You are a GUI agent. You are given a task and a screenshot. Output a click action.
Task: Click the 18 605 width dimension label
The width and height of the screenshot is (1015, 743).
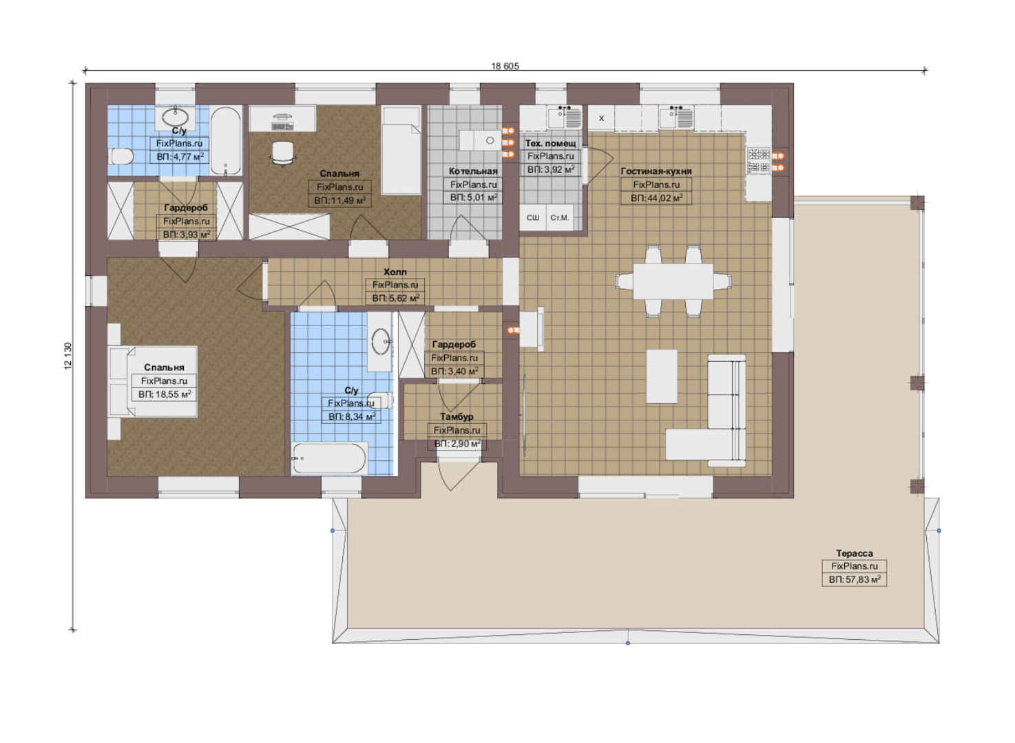click(505, 66)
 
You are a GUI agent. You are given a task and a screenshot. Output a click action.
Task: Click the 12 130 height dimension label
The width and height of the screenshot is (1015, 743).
click(68, 356)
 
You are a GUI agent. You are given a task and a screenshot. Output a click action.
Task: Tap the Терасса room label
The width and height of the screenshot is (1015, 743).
click(854, 553)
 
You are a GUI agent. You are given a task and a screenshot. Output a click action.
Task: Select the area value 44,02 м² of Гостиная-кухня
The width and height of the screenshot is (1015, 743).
click(656, 198)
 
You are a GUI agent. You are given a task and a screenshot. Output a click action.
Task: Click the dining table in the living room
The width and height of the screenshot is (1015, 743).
click(673, 281)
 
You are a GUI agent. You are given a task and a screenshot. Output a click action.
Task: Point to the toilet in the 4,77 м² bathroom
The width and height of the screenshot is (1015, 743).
click(121, 157)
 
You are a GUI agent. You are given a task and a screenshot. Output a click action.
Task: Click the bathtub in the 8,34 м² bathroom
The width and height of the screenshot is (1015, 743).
click(329, 458)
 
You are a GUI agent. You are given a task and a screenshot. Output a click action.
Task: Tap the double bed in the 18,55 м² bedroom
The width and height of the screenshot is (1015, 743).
click(153, 381)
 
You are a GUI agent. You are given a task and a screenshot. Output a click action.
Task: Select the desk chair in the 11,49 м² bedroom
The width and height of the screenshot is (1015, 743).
click(283, 153)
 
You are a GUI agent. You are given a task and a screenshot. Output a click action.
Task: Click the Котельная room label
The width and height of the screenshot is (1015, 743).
click(472, 171)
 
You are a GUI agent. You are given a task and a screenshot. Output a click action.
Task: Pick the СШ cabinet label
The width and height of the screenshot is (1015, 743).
click(532, 218)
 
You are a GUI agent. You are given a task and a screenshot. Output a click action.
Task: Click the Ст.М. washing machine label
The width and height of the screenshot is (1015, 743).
click(560, 218)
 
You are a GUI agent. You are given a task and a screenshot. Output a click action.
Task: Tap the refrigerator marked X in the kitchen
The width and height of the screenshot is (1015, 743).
click(601, 118)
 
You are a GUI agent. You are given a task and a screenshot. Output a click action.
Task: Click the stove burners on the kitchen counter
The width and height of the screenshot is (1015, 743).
click(759, 161)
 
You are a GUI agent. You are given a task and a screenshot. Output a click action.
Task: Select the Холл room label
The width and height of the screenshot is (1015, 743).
click(395, 272)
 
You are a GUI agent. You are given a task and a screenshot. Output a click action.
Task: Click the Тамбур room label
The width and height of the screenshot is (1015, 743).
click(457, 416)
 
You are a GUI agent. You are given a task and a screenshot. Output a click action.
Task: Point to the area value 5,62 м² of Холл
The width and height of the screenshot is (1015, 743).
click(395, 299)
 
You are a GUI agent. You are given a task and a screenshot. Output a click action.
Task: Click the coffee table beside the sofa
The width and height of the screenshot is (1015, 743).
click(662, 376)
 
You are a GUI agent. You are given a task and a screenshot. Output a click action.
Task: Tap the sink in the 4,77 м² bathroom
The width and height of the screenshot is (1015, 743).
click(176, 117)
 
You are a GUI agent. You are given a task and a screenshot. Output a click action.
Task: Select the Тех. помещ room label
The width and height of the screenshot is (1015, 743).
click(551, 143)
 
